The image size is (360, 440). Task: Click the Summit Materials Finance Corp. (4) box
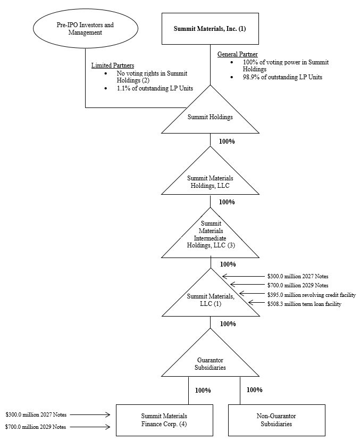(164, 420)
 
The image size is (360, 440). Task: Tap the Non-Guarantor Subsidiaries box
(276, 420)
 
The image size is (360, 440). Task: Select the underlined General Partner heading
(237, 54)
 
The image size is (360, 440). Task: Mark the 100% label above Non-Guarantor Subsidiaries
(254, 390)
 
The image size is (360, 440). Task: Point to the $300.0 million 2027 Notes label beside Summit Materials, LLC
(297, 277)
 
